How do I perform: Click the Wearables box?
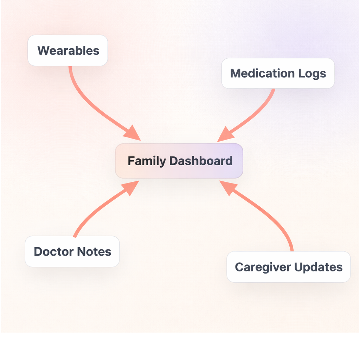coord(67,50)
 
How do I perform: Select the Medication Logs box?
coord(278,73)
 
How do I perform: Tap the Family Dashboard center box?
coord(179,161)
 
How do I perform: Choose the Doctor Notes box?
coord(72,251)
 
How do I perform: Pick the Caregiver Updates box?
coord(288,267)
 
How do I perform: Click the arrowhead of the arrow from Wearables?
coord(133,133)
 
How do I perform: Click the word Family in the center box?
coord(146,161)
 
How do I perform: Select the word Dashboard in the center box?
coord(201,161)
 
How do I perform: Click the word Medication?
coord(262,73)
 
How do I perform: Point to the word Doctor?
coord(53,252)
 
